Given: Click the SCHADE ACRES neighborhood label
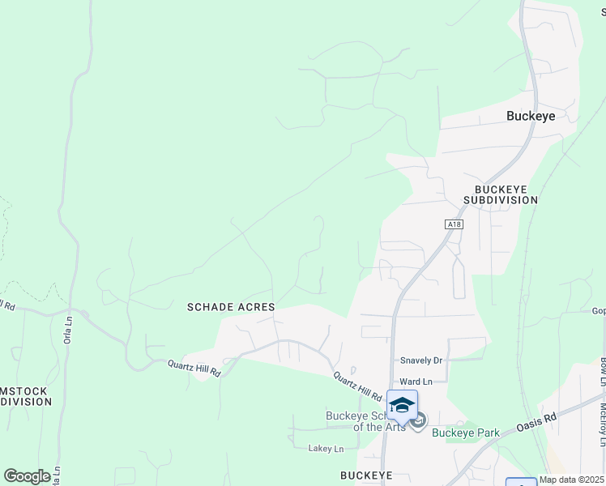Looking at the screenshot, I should click(x=231, y=307).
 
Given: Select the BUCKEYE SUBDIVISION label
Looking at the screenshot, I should click(x=501, y=194).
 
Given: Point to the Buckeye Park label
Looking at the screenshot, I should click(x=465, y=433).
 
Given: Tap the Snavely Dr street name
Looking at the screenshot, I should click(x=421, y=360).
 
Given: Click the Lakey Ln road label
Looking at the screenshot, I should click(x=326, y=448).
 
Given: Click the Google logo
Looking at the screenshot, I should click(x=27, y=475).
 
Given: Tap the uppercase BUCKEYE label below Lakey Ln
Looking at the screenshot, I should click(x=366, y=475).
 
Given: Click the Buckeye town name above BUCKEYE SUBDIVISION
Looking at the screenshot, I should click(x=531, y=116).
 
